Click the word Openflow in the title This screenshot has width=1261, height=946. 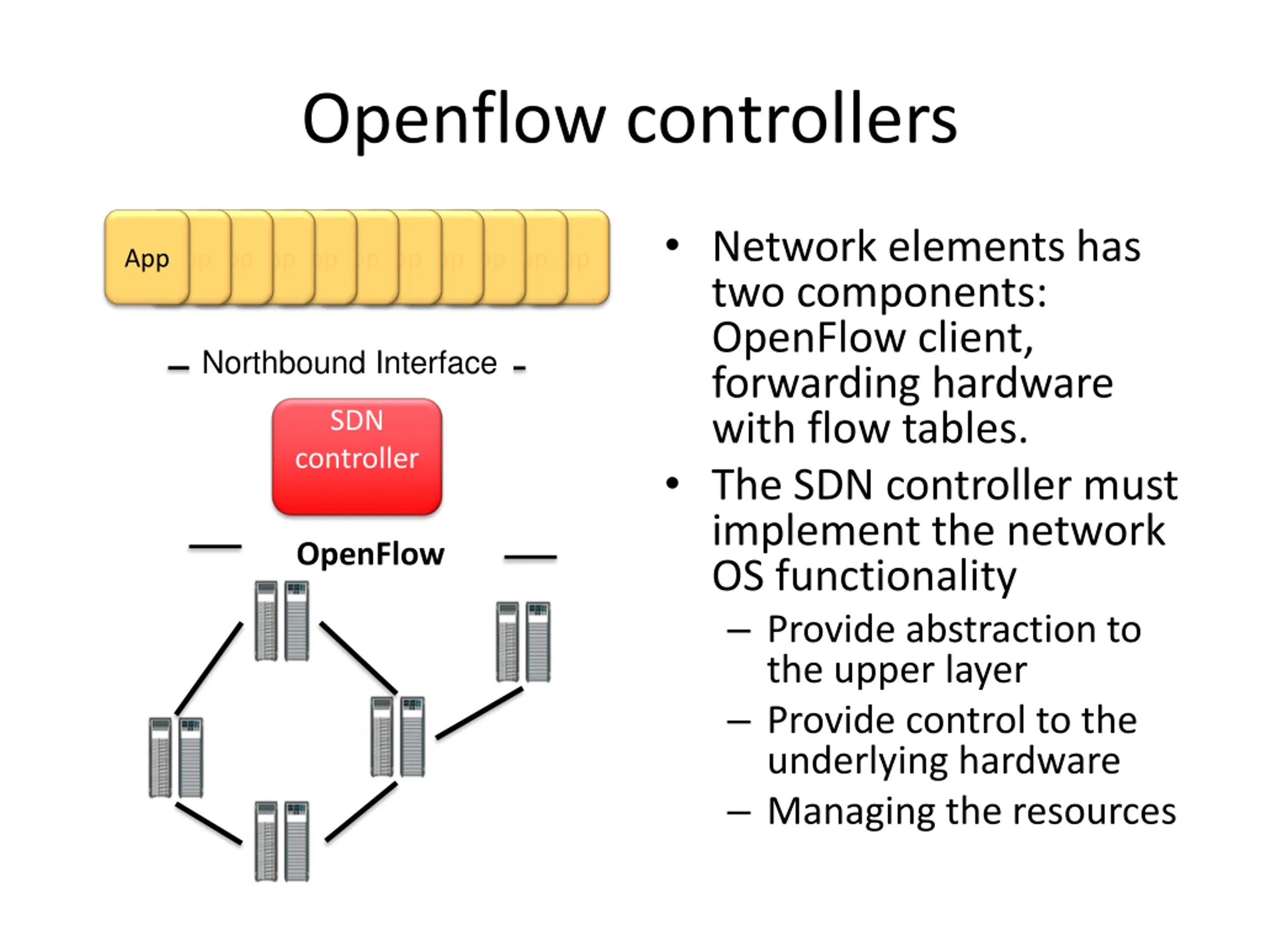point(454,121)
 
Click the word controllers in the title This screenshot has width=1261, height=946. point(792,119)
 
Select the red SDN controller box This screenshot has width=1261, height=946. point(357,456)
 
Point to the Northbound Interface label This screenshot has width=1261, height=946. point(349,363)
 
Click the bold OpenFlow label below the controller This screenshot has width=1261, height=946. point(370,554)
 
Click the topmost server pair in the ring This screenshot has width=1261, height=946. point(282,620)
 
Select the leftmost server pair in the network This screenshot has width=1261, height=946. point(175,757)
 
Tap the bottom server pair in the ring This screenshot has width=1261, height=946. point(282,841)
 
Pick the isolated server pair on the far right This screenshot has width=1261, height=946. point(523,642)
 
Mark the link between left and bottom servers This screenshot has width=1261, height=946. point(209,823)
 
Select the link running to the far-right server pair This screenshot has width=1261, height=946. point(479,713)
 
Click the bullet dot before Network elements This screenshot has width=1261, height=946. point(673,245)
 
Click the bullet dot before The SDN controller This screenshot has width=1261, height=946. point(673,483)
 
